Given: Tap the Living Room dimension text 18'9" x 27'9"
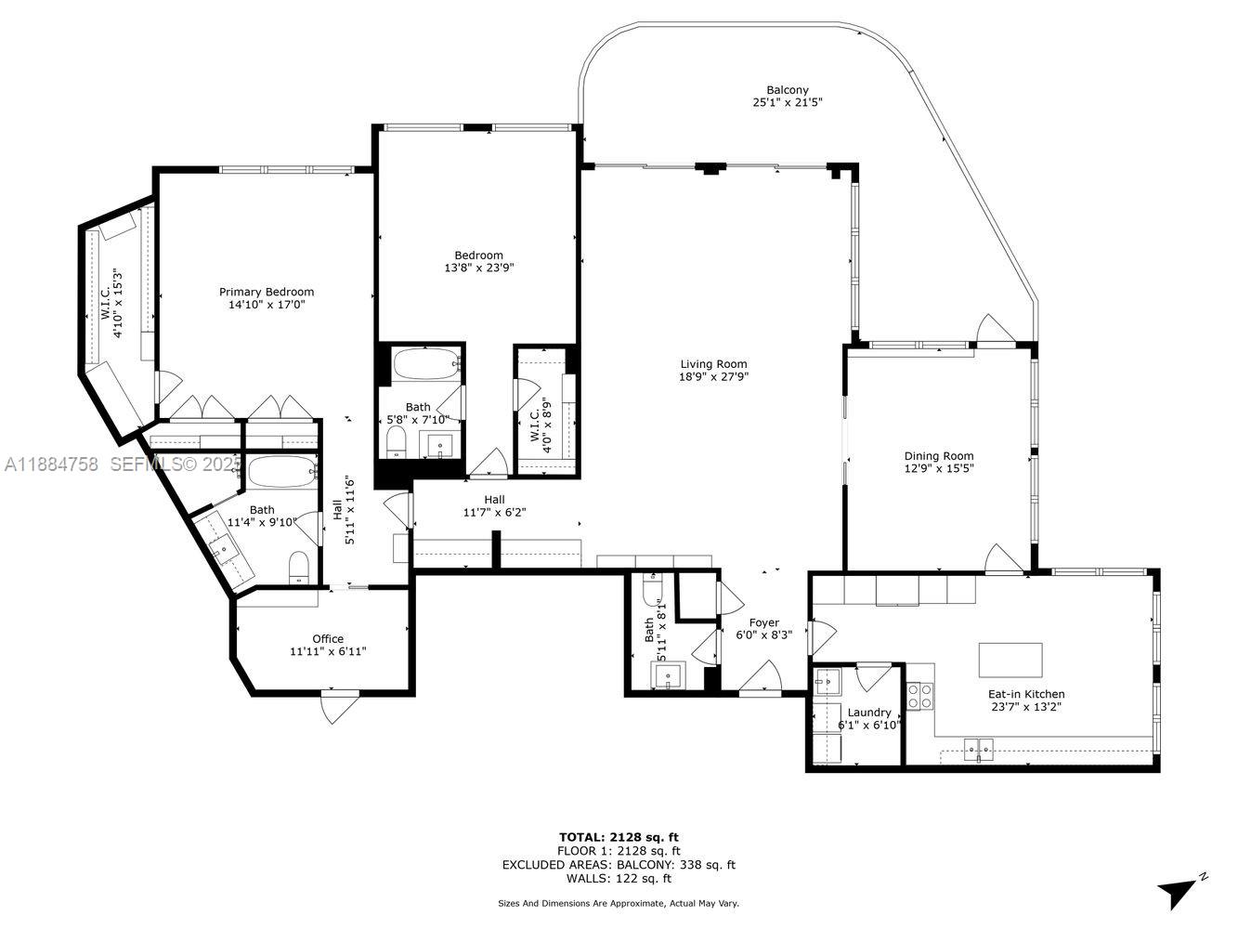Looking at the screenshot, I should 713,377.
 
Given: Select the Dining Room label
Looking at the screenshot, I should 939,455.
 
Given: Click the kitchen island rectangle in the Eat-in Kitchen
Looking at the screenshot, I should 1010,661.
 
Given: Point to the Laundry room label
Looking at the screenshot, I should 869,713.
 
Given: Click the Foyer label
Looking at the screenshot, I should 763,622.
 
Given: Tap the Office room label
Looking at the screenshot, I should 327,638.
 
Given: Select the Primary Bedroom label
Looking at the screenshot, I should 267,292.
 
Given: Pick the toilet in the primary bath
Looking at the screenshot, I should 298,567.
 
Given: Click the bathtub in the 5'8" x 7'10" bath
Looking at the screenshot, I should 425,364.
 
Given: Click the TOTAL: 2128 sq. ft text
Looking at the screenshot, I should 619,837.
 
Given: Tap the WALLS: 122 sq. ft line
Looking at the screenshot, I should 619,878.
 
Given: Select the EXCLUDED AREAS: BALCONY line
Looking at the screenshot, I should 619,864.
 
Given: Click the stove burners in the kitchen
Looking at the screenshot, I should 919,696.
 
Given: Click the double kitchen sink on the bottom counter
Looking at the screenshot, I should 978,746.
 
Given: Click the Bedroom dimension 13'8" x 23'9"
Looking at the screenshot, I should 478,268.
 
